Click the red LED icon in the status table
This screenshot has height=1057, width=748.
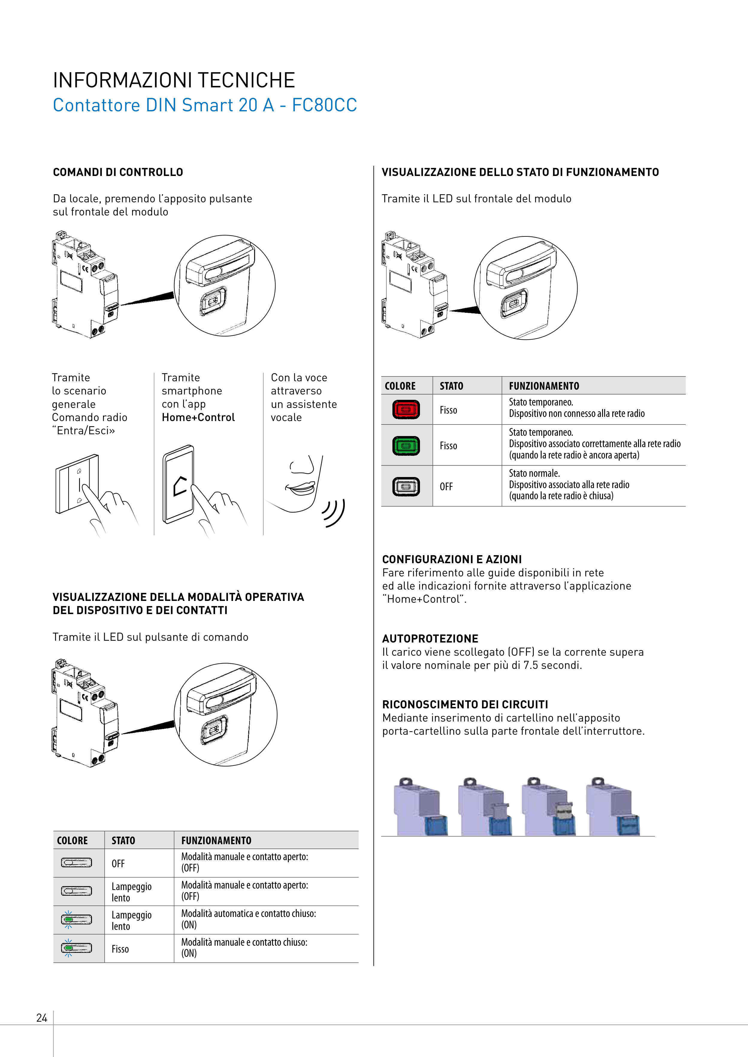406,409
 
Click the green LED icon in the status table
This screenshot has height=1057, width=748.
406,446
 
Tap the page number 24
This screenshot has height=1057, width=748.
41,1018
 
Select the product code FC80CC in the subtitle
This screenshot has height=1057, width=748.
324,105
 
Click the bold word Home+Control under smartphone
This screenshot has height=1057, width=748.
198,417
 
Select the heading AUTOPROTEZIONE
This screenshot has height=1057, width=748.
430,639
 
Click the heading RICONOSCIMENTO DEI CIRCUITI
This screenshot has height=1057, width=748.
465,704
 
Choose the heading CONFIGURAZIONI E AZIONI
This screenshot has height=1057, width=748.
452,559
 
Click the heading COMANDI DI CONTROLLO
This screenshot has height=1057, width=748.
118,172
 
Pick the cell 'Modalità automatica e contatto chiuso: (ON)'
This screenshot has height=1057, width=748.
249,919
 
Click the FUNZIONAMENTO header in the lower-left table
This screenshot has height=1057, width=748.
216,841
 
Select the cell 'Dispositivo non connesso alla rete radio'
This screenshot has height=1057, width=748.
577,413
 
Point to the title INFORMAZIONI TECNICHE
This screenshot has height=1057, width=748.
174,80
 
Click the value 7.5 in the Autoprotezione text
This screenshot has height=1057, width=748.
530,665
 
